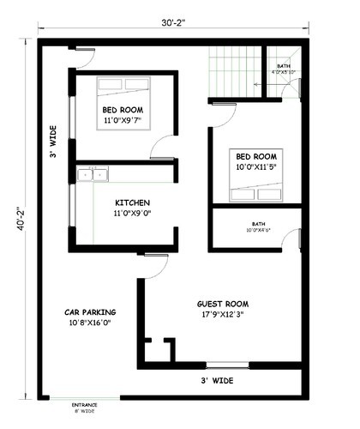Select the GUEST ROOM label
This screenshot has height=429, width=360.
(222, 304)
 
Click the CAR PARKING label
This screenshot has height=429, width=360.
(90, 311)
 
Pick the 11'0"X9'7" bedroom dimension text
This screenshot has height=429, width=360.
(123, 122)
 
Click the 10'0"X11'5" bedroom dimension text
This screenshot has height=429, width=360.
(256, 167)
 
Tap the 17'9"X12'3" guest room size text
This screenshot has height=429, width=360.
(222, 315)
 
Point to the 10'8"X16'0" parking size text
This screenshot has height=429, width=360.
(90, 323)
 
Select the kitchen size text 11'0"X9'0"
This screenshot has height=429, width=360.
(133, 214)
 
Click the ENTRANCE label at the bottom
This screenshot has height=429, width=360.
(84, 403)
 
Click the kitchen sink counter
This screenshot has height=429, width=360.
(93, 174)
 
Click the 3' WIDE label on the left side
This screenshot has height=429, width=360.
(52, 142)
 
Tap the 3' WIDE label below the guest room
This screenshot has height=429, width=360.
(216, 378)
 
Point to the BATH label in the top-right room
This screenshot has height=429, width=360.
(283, 66)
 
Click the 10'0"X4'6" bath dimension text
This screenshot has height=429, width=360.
(258, 230)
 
